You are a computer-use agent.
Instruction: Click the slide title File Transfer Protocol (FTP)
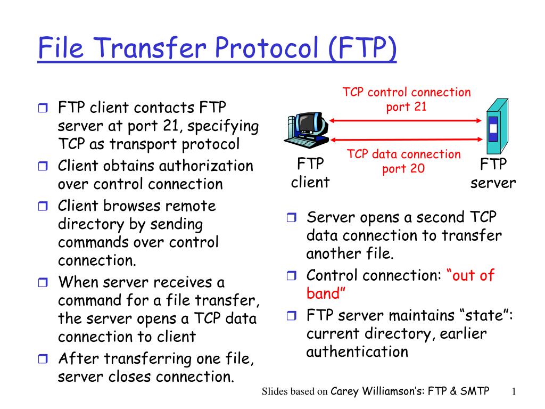(217, 49)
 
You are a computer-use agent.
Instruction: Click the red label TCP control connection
(407, 93)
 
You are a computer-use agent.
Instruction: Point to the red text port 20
(403, 169)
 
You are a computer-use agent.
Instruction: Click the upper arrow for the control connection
(406, 121)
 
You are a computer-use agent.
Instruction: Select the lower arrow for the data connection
(406, 140)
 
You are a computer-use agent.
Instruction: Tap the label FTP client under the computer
(310, 173)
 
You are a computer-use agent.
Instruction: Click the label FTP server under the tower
(493, 173)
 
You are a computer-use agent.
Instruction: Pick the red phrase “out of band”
(400, 284)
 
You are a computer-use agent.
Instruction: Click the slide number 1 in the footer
(514, 392)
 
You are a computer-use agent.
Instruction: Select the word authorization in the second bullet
(208, 166)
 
